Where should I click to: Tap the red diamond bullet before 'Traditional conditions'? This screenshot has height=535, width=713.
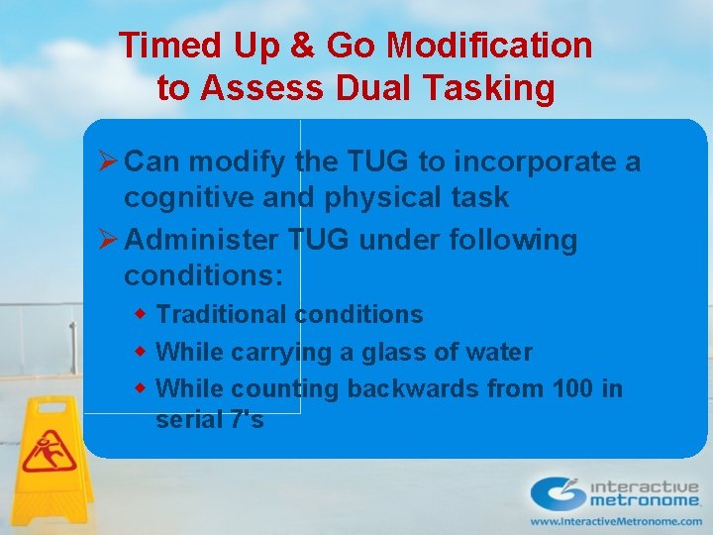(x=141, y=314)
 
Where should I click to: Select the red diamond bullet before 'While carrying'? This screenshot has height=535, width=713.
(x=141, y=352)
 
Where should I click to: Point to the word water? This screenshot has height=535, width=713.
(x=499, y=353)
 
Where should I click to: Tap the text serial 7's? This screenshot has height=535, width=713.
(x=210, y=420)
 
